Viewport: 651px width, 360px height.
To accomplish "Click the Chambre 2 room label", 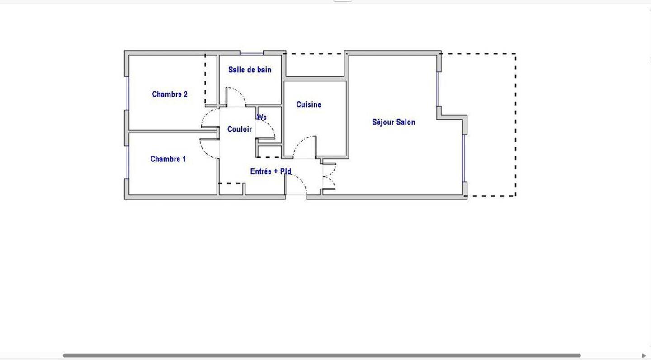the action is tap(170, 94).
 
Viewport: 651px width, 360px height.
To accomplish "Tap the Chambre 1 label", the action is tap(168, 159).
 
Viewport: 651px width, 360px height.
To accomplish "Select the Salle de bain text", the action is tap(250, 70).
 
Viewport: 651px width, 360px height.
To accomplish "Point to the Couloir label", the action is tap(240, 129).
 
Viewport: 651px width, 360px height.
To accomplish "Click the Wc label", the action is tap(262, 118).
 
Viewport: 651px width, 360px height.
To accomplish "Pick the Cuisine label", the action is tap(309, 104).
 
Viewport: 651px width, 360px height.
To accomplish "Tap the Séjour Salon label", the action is tap(394, 122).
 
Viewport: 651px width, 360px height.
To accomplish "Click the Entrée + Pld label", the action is tap(271, 171).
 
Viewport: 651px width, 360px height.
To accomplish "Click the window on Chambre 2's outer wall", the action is tap(127, 93).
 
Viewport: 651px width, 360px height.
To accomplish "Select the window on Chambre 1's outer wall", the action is tap(127, 162).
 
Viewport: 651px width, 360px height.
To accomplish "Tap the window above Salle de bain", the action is tap(252, 53).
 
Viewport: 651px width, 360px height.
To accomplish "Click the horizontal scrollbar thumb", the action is tap(322, 355).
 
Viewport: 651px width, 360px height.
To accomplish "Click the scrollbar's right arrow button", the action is tap(644, 355).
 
